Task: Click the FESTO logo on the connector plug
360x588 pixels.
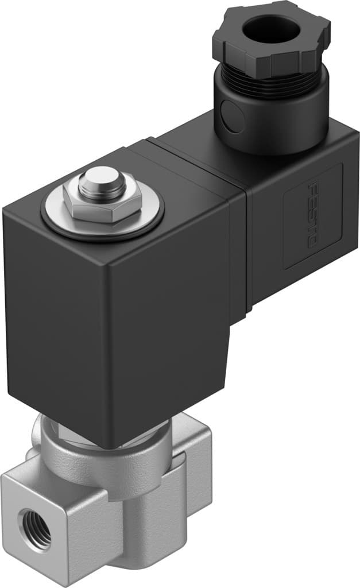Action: (x=313, y=215)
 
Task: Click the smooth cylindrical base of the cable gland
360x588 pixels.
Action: (x=270, y=121)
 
